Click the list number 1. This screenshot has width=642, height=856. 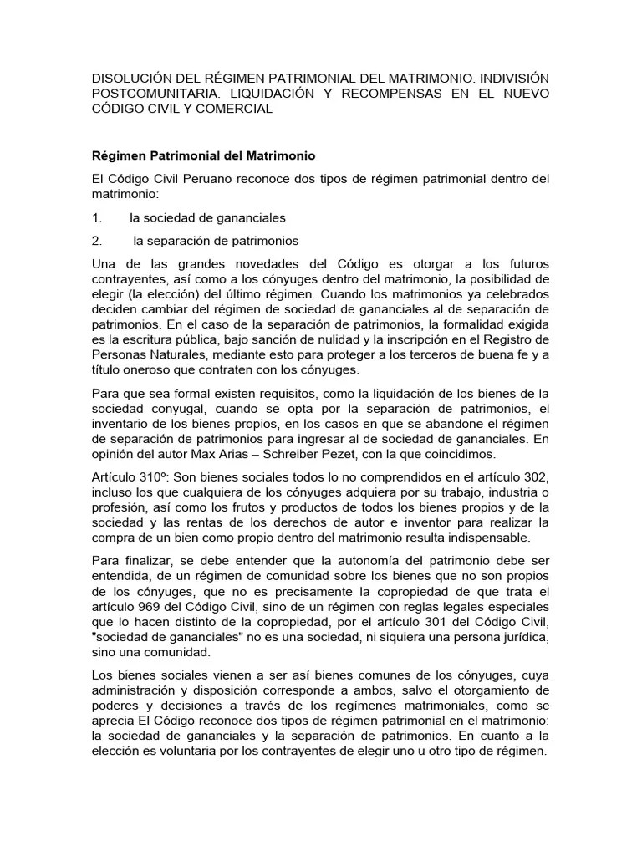96,217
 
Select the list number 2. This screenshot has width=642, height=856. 96,241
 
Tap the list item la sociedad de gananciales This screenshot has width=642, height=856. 207,217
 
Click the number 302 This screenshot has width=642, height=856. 532,476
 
